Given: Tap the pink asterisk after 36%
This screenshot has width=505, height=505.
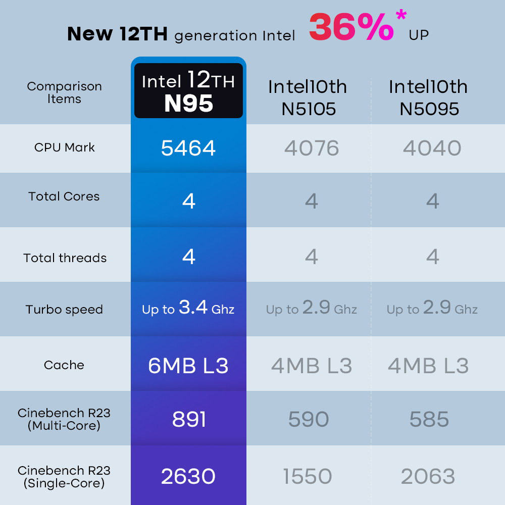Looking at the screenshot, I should pos(401,15).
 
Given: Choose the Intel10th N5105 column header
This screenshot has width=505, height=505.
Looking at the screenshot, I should pos(308,97).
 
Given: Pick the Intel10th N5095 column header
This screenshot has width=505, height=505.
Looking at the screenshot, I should pos(428,97).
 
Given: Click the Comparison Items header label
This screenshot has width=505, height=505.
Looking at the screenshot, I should pos(64,92).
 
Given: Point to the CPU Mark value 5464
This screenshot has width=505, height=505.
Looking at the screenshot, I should pos(188,148).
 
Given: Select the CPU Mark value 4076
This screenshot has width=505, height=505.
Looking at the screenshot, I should pos(312,148).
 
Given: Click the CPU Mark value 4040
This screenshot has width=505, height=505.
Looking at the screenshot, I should pos(432,148).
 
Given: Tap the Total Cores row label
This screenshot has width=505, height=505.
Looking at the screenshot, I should pos(64,196).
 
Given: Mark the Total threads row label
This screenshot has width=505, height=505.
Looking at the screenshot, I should pos(65,258).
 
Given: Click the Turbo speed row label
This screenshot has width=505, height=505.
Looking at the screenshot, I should pos(64,310).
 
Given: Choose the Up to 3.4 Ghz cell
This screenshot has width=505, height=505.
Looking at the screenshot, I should pos(188,308).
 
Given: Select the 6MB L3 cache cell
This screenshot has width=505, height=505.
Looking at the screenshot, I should pos(188,366).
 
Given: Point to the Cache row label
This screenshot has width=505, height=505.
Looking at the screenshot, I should pos(64,365).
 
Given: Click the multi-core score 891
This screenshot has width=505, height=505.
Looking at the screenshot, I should pos(189,419).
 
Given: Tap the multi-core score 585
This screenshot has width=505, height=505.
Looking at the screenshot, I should pos(429,419).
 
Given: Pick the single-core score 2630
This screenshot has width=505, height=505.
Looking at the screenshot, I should pos(188,476).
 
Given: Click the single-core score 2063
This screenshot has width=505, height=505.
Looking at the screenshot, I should pos(428,476).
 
